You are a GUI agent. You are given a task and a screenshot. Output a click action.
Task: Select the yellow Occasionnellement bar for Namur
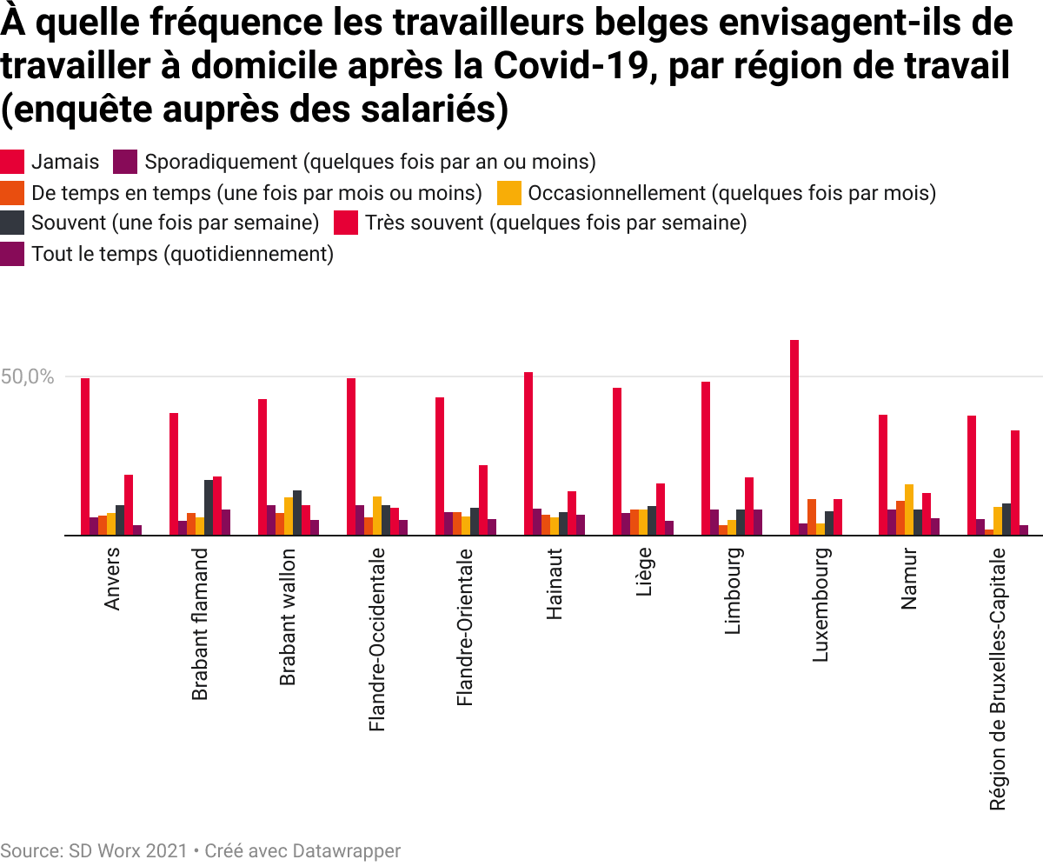909,510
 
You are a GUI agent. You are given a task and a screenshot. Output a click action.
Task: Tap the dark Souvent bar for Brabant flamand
209,508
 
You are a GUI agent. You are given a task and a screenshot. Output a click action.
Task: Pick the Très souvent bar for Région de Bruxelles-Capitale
1015,483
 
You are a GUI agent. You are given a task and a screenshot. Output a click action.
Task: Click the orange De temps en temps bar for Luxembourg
812,517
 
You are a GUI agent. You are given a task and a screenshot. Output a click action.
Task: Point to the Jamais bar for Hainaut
528,454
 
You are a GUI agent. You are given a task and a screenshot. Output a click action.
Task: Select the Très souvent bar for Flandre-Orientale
483,500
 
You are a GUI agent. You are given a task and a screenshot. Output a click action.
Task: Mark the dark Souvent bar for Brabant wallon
297,513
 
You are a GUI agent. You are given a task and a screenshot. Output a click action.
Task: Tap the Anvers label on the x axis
112,579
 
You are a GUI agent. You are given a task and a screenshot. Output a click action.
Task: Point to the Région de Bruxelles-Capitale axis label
998,679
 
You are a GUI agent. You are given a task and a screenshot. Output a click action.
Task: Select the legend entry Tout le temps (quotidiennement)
183,254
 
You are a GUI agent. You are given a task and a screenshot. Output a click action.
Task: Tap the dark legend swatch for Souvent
12,223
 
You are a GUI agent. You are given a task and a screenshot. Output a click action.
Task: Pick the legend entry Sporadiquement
369,162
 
